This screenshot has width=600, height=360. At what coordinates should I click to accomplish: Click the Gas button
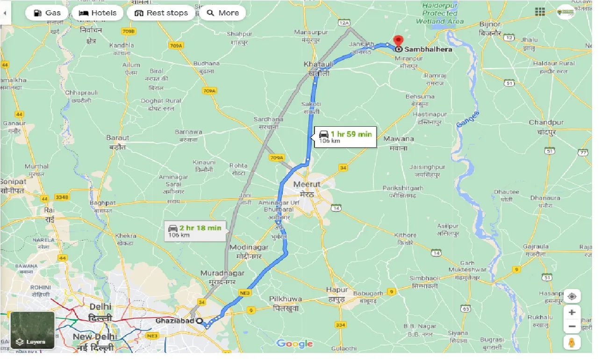coord(46,13)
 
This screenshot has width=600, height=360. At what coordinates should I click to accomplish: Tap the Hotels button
coord(98,13)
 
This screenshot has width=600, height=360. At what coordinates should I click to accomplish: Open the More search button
coord(223,13)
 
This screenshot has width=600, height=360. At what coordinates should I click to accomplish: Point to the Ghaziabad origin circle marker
coord(200,321)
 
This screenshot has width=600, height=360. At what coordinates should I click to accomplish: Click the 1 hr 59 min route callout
coord(345,137)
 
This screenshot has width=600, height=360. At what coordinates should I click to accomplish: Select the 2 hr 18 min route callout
coord(195,230)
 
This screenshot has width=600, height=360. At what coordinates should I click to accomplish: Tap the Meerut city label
coord(307,184)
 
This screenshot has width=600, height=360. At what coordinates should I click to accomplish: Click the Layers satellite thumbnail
coord(32,331)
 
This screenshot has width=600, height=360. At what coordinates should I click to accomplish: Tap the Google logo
coord(294,344)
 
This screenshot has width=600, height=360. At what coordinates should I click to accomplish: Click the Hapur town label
coord(337,290)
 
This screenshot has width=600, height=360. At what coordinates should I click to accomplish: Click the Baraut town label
coord(118,137)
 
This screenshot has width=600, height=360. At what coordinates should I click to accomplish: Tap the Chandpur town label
coord(546,122)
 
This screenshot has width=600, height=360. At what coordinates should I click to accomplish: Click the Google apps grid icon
coord(540,12)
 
